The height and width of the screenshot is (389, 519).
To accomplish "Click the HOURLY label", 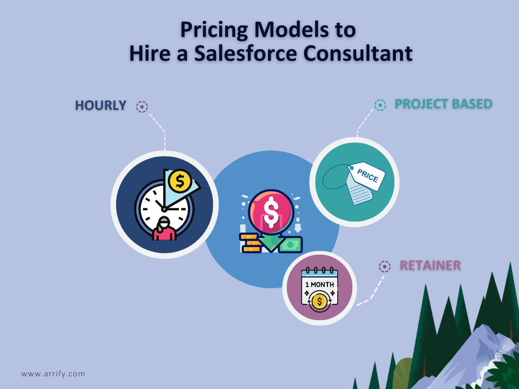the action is tap(101, 105).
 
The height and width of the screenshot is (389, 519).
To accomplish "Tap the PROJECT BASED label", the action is tap(443, 104).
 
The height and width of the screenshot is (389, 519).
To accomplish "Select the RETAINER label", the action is tap(430, 265).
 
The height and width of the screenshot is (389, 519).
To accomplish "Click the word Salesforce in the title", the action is tap(245, 53).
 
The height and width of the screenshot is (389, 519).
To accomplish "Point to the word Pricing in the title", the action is tap(214, 30).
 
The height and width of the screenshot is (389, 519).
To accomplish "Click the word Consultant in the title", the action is tap(358, 53).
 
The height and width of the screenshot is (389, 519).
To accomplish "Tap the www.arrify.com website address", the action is tap(53, 374).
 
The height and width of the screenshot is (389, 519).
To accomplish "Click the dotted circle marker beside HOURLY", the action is tap(142, 106).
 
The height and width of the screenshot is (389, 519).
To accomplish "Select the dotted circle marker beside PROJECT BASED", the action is tap(380, 105).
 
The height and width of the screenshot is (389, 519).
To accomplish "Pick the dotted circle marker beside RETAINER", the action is tap(385, 266).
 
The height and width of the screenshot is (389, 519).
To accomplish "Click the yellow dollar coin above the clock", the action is tap(180, 181).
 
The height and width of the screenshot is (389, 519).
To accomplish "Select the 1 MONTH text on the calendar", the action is tap(319, 285).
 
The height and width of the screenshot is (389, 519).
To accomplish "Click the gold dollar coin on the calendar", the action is tap(319, 301).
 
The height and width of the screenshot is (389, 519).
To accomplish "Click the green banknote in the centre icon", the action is tap(290, 245).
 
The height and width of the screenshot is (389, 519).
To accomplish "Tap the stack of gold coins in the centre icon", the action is tap(250, 243).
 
